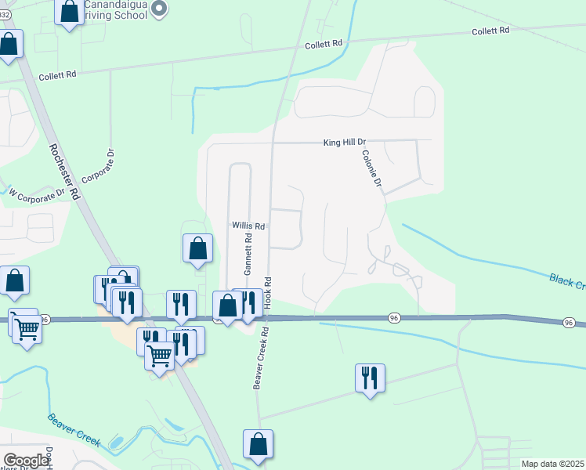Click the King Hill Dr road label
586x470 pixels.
(345, 143)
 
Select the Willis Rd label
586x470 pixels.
(249, 226)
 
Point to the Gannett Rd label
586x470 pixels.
(248, 255)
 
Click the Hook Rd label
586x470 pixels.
(267, 291)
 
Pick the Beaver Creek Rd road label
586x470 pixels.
(261, 357)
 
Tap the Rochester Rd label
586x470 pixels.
(65, 172)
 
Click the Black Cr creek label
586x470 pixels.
(566, 282)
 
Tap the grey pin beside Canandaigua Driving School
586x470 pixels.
(160, 9)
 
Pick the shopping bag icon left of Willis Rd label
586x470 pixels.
(198, 248)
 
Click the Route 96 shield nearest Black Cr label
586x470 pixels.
(569, 323)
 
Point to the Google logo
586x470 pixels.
(26, 461)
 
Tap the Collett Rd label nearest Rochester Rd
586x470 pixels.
(60, 74)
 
